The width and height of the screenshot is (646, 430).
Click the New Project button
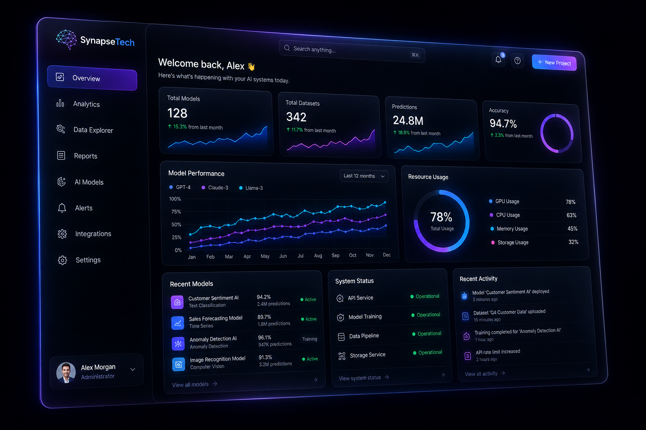554,63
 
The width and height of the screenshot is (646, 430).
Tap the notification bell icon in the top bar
498,60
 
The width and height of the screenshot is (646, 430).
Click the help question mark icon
517,61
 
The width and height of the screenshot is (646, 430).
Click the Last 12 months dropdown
364,176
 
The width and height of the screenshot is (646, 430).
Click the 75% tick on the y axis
176,212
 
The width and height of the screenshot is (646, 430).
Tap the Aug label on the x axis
318,255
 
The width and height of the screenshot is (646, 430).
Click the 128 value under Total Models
177,113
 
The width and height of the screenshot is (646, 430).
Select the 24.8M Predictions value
408,121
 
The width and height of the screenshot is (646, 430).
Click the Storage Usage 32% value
573,242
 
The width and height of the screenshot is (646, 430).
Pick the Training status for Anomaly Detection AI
310,339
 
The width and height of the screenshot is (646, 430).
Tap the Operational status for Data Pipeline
427,333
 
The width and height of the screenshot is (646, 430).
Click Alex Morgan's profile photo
66,372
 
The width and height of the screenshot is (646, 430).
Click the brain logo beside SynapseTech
66,39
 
